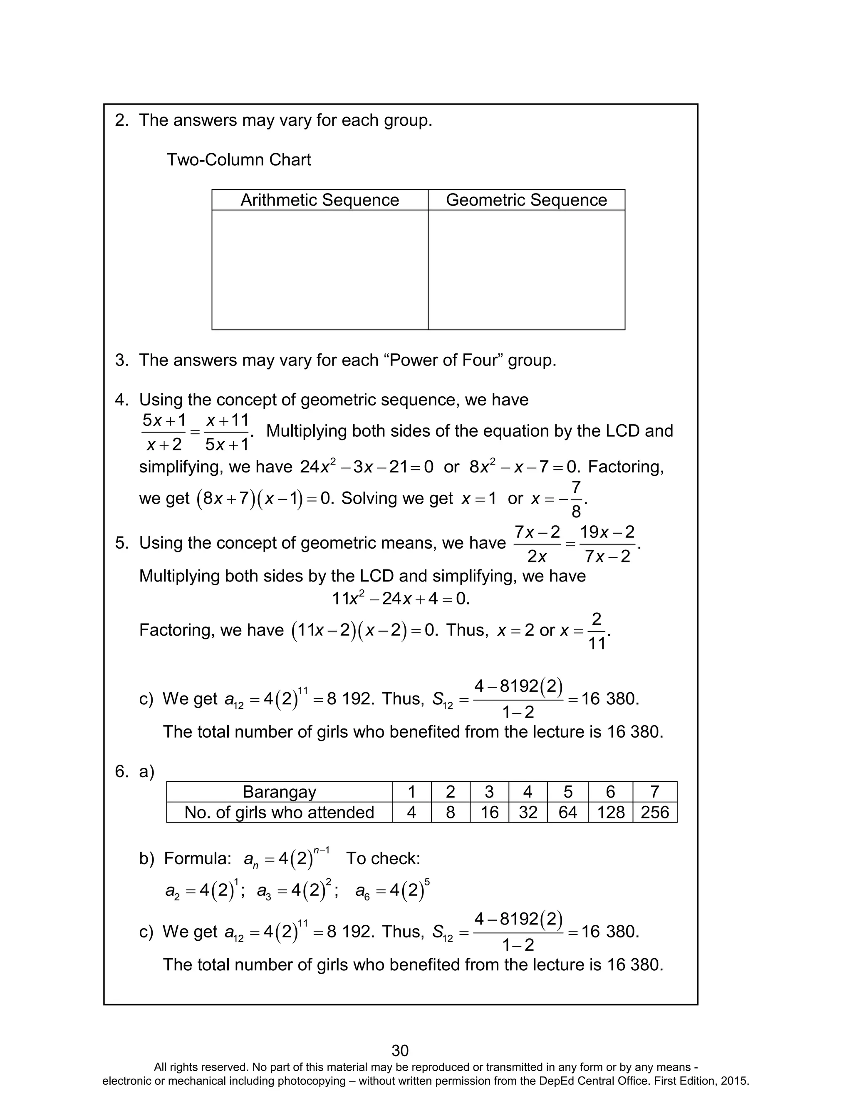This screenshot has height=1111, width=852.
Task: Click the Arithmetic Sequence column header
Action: pyautogui.click(x=319, y=200)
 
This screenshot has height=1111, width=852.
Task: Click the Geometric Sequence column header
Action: pyautogui.click(x=526, y=200)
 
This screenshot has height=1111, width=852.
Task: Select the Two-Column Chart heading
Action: pyautogui.click(x=238, y=160)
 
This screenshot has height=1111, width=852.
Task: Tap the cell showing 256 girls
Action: pyautogui.click(x=654, y=812)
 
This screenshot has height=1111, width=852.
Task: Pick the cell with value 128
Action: pyautogui.click(x=610, y=812)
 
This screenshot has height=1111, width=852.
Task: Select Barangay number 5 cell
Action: pyautogui.click(x=567, y=791)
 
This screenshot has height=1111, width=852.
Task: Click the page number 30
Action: pyautogui.click(x=400, y=1050)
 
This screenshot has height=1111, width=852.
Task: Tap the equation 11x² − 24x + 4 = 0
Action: pyautogui.click(x=401, y=599)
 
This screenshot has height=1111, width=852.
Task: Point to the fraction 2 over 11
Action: pyautogui.click(x=597, y=631)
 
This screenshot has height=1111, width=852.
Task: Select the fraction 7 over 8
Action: pyautogui.click(x=576, y=500)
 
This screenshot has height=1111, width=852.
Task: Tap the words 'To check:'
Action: pyautogui.click(x=383, y=858)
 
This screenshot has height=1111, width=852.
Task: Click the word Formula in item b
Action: pyautogui.click(x=198, y=858)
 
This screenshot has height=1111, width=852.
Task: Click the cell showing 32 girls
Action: pyautogui.click(x=528, y=812)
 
